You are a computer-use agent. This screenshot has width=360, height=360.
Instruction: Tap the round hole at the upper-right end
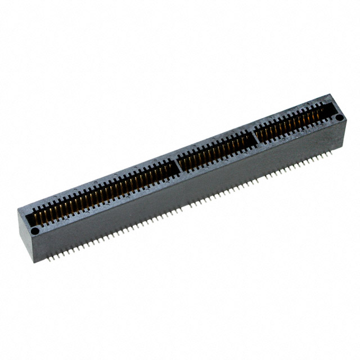pos(339,117)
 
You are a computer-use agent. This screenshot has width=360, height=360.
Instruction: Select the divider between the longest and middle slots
pos(178,164)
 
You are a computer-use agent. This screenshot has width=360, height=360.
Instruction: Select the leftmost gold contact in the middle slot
pos(183,163)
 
